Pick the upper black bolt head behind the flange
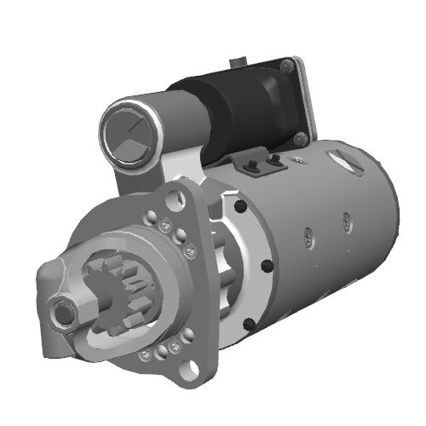(x=242, y=207)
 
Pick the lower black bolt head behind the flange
(x=247, y=323)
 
